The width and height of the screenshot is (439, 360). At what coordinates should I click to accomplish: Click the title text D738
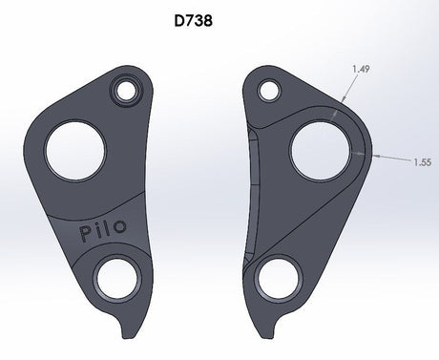219,19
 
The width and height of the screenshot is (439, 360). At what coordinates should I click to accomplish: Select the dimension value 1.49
363,69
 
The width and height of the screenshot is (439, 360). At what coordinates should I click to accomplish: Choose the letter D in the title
202,19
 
